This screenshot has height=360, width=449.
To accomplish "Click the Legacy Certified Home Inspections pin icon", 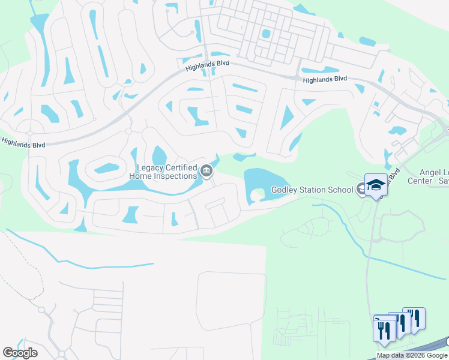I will tap(206, 172).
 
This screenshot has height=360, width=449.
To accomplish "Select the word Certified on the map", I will tap(177, 167).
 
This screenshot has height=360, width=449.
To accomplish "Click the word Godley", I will tap(285, 190).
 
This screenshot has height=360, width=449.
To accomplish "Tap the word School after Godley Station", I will tap(340, 190).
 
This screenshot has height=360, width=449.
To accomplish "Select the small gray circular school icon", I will tap(361, 190).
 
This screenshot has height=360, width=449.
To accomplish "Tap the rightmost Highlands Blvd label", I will tap(325, 79).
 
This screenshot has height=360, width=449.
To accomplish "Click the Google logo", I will tap(20, 352).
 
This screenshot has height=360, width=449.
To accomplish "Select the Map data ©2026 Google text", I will tap(412, 355).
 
